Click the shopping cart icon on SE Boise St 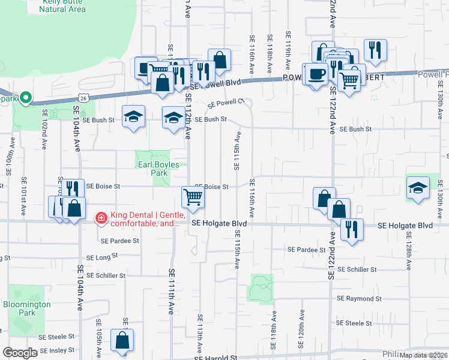[x=193, y=197]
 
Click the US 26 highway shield [x=83, y=97]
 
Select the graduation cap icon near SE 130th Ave [x=417, y=187]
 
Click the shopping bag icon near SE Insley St [x=122, y=341]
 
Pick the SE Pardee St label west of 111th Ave [x=120, y=241]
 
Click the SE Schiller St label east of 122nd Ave [x=359, y=270]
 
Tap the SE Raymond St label [x=359, y=298]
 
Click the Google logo [x=20, y=353]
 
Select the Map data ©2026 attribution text [x=423, y=355]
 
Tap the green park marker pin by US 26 [x=25, y=97]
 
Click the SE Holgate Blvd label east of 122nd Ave [x=405, y=226]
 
